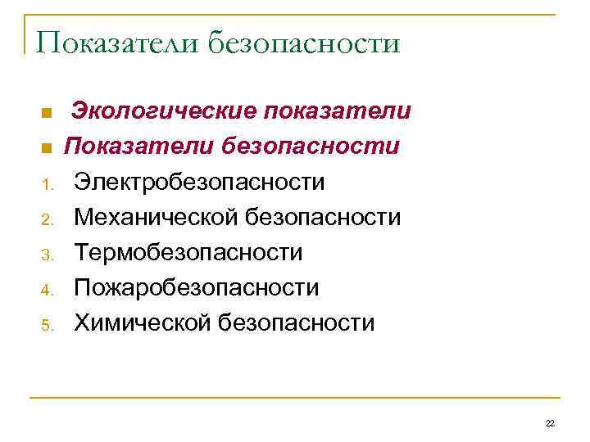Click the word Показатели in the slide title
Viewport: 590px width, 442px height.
pyautogui.click(x=116, y=42)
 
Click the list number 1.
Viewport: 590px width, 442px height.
pyautogui.click(x=48, y=185)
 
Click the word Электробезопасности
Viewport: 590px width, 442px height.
pyautogui.click(x=199, y=182)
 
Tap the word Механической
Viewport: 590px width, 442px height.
pyautogui.click(x=157, y=218)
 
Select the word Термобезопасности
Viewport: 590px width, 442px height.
pyautogui.click(x=188, y=253)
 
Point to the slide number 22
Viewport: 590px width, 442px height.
pyautogui.click(x=549, y=423)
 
